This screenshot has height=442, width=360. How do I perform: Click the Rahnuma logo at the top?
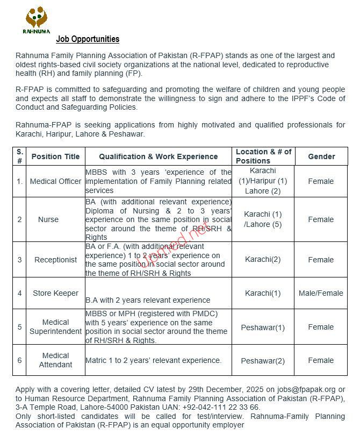[x=36, y=20]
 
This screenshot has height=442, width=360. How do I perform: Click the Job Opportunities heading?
[x=88, y=39]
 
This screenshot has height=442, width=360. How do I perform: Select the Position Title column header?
[x=55, y=156]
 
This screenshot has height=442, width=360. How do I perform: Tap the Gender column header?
[x=321, y=156]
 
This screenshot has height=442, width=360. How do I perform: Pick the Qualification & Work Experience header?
[x=159, y=156]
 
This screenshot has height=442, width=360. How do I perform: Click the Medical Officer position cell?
[x=55, y=181]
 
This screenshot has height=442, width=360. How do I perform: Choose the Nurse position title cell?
[x=48, y=219]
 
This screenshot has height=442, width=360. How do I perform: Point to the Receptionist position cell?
[x=55, y=260]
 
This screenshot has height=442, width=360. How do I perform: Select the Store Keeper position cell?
[x=55, y=293]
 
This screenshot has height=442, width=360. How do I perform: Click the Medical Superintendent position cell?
[x=55, y=327]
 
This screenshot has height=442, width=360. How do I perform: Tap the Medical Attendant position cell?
[x=55, y=360]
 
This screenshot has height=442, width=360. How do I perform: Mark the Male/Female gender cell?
[x=321, y=293]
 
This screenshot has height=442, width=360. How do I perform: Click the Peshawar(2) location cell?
[x=263, y=361]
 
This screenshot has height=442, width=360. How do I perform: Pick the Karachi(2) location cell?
[x=263, y=260]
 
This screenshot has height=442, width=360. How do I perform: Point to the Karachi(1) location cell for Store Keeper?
[x=263, y=293]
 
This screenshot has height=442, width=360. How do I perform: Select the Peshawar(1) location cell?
[x=263, y=327]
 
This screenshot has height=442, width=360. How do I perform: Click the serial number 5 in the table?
[x=20, y=327]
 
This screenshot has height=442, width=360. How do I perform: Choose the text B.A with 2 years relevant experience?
[x=148, y=300]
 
